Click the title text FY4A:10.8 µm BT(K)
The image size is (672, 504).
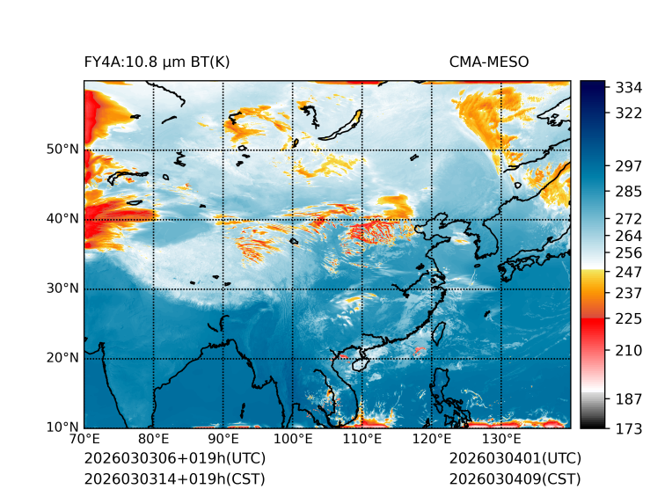pyautogui.click(x=157, y=62)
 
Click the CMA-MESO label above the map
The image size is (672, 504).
pyautogui.click(x=488, y=62)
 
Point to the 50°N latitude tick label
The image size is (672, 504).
pyautogui.click(x=62, y=150)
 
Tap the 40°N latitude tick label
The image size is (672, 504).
pyautogui.click(x=62, y=219)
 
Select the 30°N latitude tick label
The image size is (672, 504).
pyautogui.click(x=62, y=289)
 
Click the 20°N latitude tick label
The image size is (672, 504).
pyautogui.click(x=62, y=358)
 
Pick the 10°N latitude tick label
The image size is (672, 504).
pyautogui.click(x=62, y=427)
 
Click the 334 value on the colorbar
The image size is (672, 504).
pyautogui.click(x=628, y=88)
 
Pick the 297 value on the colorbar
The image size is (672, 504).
pyautogui.click(x=628, y=165)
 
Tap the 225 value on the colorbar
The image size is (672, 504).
pyautogui.click(x=628, y=318)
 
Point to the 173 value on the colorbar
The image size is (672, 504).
pyautogui.click(x=628, y=427)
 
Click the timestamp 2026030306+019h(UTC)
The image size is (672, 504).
pyautogui.click(x=174, y=459)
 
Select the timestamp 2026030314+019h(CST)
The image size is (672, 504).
pyautogui.click(x=174, y=479)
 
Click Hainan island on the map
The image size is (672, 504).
pyautogui.click(x=358, y=362)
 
